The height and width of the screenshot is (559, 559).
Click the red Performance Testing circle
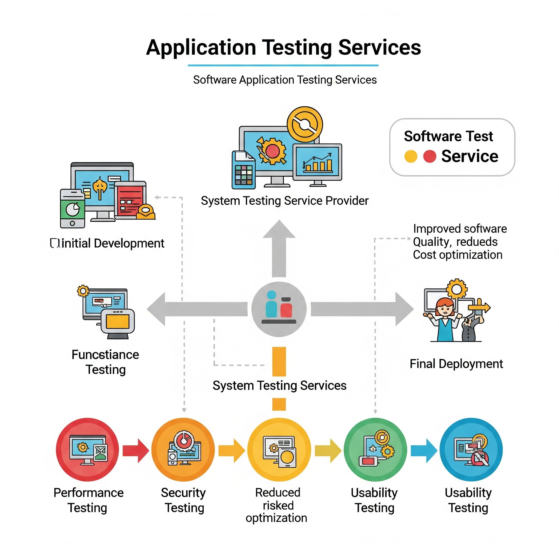coord(87,449)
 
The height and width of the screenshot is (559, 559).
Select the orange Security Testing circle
coord(183,449)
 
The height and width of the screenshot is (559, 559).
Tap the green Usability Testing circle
coord(375,449)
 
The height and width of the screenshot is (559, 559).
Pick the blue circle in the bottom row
coord(471,449)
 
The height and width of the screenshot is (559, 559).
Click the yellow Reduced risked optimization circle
coord(279,449)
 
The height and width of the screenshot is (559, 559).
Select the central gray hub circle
coord(279,309)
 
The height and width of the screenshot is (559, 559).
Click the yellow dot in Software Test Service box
coord(411,156)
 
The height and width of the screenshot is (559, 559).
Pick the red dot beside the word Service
coord(430,156)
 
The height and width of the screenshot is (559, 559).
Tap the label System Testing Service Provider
coord(285,201)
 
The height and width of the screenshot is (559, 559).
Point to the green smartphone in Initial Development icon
coord(72,209)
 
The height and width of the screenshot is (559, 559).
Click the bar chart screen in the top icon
coord(317,162)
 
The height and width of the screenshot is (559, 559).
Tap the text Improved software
coord(460,229)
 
